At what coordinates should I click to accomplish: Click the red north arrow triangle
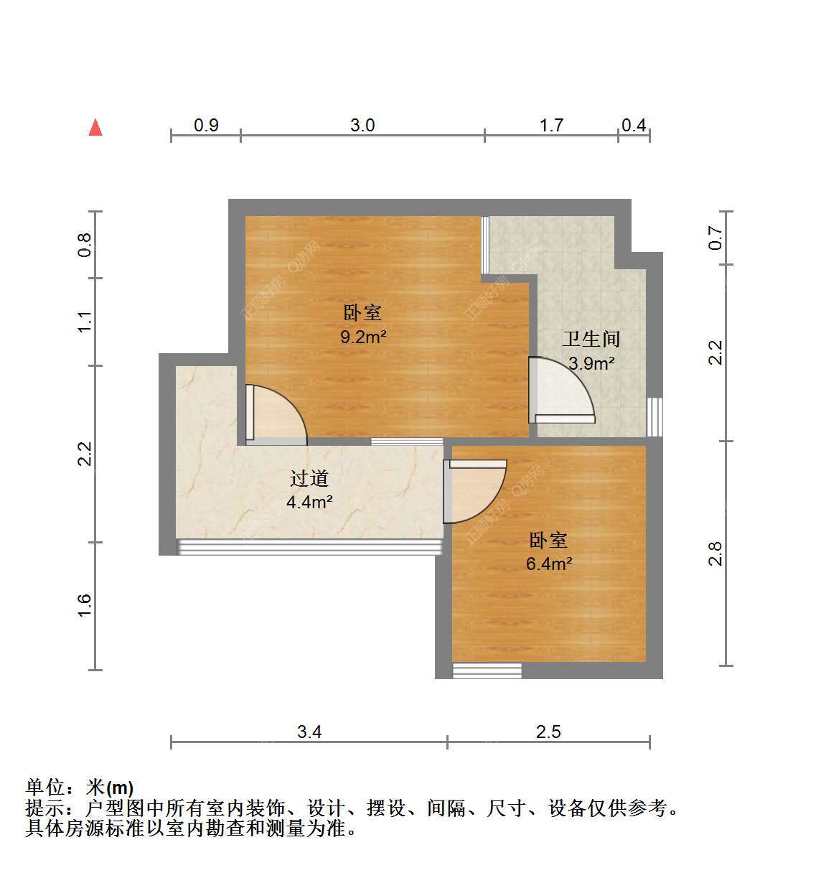(95, 127)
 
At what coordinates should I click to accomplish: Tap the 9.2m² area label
(363, 337)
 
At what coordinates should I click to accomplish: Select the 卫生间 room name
(591, 339)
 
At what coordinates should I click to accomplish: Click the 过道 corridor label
(309, 479)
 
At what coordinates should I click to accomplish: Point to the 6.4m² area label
(549, 564)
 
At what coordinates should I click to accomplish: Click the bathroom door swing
(561, 390)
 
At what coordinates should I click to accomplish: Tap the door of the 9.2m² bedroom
(276, 415)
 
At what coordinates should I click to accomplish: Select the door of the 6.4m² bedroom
(475, 492)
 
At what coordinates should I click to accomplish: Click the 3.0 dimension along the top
(362, 126)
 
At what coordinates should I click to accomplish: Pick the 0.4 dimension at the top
(634, 126)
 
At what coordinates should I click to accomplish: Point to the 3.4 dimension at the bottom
(309, 732)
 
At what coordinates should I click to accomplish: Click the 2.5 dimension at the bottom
(548, 732)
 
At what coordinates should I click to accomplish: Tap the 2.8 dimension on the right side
(715, 554)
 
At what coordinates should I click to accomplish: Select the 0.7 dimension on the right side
(715, 238)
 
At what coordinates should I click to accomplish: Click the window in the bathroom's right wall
(655, 417)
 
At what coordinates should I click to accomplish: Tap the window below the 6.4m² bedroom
(487, 671)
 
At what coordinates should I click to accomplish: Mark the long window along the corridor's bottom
(309, 546)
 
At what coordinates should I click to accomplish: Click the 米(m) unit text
(110, 788)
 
